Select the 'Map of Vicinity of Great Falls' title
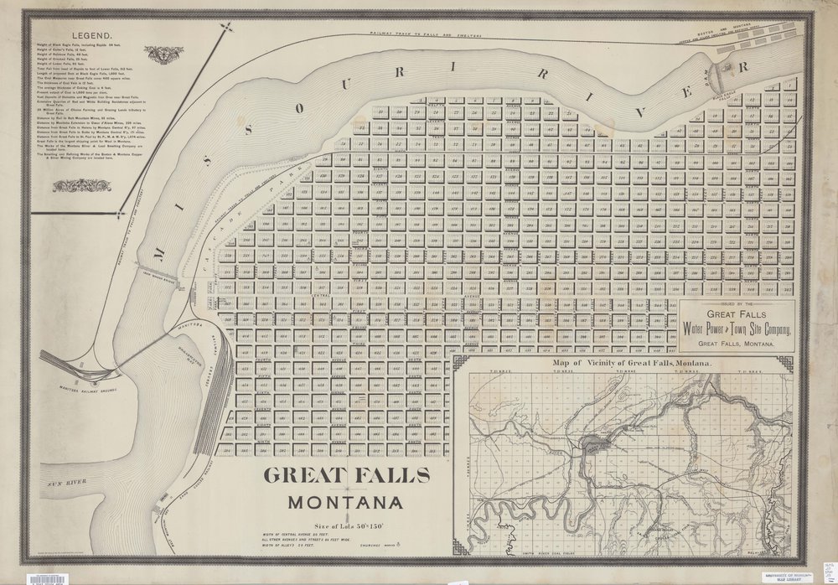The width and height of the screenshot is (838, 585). tap(632, 365)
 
